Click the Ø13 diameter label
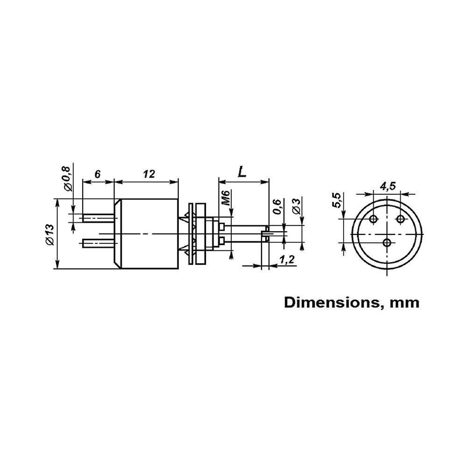click(50, 234)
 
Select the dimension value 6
click(97, 174)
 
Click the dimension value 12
click(149, 174)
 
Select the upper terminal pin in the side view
click(98, 218)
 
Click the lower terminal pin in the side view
click(98, 242)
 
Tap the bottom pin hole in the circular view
click(387, 242)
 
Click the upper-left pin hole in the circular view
click(374, 219)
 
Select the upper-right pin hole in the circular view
click(400, 219)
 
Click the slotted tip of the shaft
click(265, 233)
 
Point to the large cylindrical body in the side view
click(147, 233)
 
